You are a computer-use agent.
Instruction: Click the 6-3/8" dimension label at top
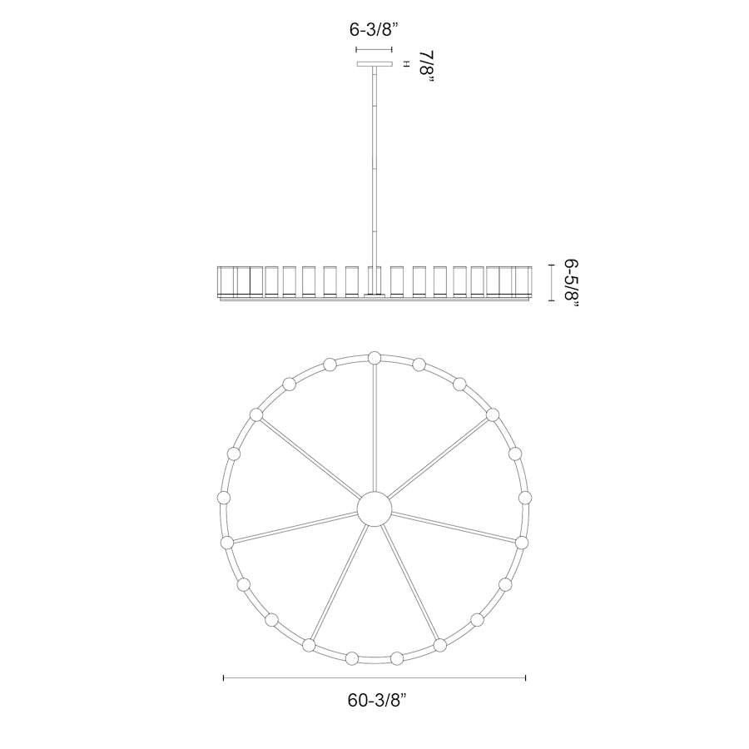pyautogui.click(x=374, y=30)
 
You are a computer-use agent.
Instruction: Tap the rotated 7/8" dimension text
pyautogui.click(x=426, y=68)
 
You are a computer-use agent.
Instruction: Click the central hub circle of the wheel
pyautogui.click(x=374, y=508)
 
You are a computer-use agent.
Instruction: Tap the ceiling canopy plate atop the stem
pyautogui.click(x=374, y=64)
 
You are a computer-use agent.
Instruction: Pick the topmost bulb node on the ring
pyautogui.click(x=374, y=358)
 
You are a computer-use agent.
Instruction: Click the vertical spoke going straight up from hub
pyautogui.click(x=374, y=428)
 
